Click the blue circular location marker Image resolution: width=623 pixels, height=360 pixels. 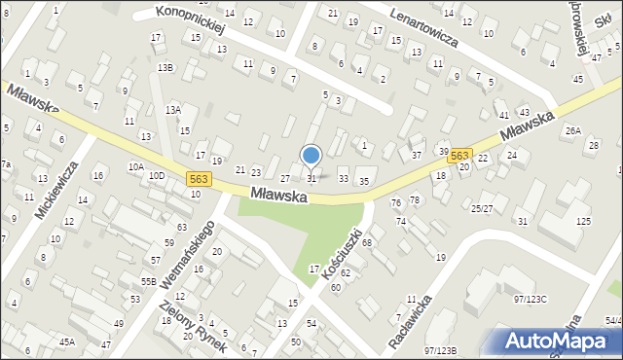tap(311, 155)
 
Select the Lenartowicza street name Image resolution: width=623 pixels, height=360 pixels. tap(436, 28)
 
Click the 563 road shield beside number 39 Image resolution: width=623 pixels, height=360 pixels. tap(460, 156)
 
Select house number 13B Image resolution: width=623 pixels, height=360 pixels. tap(165, 67)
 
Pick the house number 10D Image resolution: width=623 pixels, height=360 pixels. tap(157, 176)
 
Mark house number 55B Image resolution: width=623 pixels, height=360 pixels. tap(148, 281)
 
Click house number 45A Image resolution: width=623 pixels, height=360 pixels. tap(66, 342)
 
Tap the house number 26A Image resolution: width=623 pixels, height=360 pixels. tap(573, 130)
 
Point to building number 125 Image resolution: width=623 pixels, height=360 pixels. tap(583, 223)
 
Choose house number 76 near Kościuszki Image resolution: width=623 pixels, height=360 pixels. tap(395, 202)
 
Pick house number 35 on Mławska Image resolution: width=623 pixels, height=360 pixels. tap(364, 182)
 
